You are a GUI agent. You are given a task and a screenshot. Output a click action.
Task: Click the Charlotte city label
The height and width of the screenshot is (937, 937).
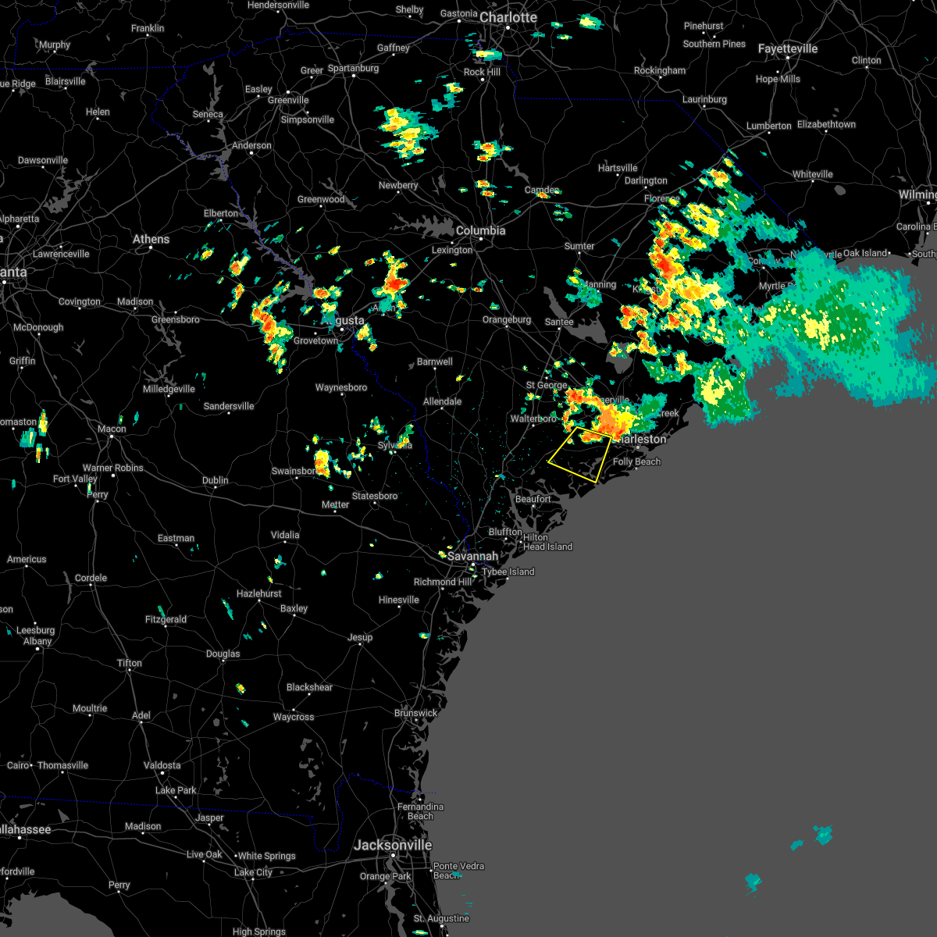click(508, 17)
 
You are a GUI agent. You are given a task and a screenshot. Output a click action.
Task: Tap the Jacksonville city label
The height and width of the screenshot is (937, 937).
click(392, 845)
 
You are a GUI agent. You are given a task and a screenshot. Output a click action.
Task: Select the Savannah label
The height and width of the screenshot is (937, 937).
click(472, 556)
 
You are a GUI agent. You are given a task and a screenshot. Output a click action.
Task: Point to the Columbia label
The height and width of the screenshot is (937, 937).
click(480, 230)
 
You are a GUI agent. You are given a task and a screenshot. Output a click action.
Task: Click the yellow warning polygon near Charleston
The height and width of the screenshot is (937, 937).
click(579, 454)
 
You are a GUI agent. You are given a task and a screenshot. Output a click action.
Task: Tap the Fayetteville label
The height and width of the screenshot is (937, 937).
click(787, 48)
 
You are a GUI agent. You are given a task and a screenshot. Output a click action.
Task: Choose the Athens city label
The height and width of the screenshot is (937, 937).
click(151, 239)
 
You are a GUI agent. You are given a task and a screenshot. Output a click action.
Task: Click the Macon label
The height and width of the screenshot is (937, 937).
click(112, 429)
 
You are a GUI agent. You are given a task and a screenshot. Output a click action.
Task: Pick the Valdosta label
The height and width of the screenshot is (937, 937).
click(162, 765)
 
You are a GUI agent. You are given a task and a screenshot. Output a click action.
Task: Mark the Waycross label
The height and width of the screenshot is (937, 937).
click(294, 717)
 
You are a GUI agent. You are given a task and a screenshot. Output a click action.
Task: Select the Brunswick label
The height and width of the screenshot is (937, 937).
click(415, 713)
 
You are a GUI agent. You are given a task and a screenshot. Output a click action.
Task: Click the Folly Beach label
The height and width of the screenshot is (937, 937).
click(636, 461)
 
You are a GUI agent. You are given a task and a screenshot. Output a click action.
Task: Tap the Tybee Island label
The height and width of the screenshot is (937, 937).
click(508, 572)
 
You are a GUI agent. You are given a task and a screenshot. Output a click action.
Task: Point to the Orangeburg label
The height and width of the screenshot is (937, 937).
click(507, 319)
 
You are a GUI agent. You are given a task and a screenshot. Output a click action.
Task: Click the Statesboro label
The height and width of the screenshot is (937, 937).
click(375, 496)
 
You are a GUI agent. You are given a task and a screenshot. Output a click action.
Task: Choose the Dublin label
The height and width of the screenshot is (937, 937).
click(215, 480)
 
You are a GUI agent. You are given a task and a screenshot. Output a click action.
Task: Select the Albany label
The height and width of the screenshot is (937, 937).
click(37, 641)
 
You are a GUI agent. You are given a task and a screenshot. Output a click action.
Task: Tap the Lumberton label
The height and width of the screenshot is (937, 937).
click(768, 126)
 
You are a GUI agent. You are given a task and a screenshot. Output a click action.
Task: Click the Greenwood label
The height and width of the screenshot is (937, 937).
click(321, 199)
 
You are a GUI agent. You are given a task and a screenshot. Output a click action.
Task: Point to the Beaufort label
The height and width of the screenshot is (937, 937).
click(533, 499)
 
